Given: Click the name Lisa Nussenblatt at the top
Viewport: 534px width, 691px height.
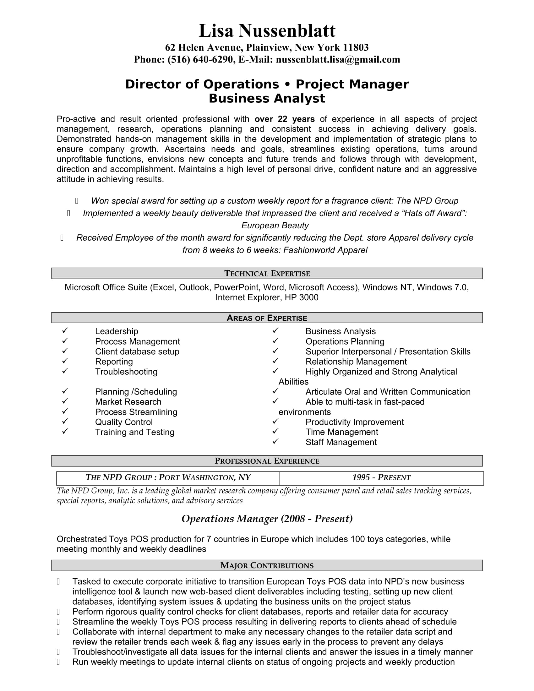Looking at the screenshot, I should coord(267,31).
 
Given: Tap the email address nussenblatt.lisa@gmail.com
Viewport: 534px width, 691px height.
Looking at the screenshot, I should coord(338,59).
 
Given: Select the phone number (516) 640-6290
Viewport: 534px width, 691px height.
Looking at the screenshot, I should coord(200,59).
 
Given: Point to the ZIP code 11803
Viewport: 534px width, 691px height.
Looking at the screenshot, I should coord(356,47).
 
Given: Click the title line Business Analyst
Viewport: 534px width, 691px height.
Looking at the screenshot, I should coord(267,98).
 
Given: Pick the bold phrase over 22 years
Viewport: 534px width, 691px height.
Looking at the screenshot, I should coord(284,119).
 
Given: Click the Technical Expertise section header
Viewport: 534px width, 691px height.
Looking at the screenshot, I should coord(267,273).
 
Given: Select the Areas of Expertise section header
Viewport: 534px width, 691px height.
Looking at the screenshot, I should coord(267,318).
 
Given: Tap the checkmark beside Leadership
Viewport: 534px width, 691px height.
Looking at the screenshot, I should coord(65,331).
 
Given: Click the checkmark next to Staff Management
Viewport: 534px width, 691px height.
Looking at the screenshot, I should coord(275,441).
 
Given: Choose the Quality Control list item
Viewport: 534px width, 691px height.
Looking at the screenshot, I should coord(124,422).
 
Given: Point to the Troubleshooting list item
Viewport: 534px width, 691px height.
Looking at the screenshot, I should coord(126,372).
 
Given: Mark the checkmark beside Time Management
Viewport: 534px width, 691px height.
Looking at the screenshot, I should coord(275,431).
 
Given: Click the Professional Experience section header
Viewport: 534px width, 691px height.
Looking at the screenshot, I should coord(267,461).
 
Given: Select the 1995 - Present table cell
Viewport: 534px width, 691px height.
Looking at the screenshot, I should coord(381,477).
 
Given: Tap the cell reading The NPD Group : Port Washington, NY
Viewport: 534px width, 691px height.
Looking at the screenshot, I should coord(168,477).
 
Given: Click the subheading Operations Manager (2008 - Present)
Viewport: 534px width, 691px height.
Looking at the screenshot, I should coord(267,519).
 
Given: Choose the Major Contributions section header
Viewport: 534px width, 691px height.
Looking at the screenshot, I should coord(267,565).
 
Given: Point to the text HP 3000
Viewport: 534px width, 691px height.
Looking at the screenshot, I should coord(302,297).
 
